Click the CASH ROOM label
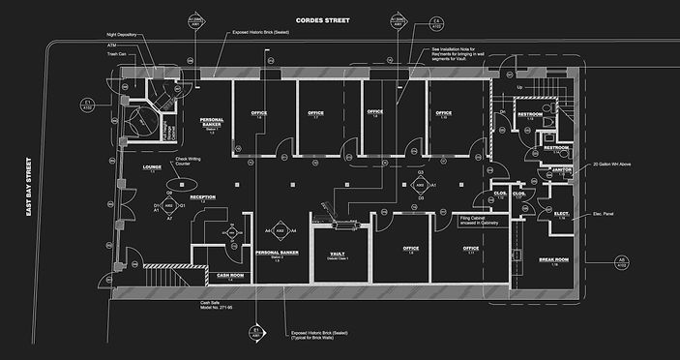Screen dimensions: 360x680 (x=231, y=275)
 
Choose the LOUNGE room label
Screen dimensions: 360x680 (x=151, y=166)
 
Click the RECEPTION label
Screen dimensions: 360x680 (x=202, y=197)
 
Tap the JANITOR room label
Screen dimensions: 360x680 (x=562, y=169)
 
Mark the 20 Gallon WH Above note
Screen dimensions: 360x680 (x=618, y=165)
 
